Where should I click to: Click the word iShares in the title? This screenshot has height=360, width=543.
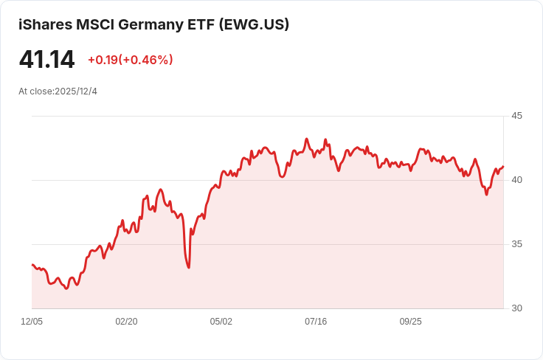coord(46,25)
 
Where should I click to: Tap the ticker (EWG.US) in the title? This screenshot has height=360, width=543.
coord(253,25)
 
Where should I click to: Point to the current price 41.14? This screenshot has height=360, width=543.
coord(46,60)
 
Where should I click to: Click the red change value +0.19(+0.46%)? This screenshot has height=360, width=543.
coord(130,60)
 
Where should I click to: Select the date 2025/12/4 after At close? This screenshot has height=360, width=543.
coord(76,91)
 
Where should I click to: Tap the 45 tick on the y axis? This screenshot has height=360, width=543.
coord(516,116)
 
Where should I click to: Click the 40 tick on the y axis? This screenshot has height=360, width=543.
coord(516,180)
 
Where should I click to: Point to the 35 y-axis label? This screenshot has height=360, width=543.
coord(516,244)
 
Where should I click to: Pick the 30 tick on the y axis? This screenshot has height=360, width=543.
coord(516,308)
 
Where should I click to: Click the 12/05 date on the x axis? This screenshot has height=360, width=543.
coord(32,322)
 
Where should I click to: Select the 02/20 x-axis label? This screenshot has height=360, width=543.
coord(126,322)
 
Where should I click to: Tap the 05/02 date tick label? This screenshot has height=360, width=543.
coord(221,322)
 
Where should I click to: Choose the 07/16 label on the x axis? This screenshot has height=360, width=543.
coord(316,322)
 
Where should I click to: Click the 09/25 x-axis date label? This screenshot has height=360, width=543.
coord(410,322)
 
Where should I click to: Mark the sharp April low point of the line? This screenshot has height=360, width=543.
coord(189,267)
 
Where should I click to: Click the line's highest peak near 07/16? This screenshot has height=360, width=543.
coord(307,139)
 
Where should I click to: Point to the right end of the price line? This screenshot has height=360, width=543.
coord(503,167)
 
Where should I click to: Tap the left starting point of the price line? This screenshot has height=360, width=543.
coord(32,264)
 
